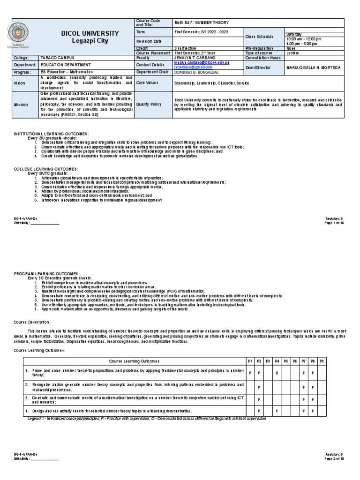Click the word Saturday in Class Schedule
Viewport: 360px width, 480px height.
294,34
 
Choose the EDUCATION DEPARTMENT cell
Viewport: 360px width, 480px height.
63,65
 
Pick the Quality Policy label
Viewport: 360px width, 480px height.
149,105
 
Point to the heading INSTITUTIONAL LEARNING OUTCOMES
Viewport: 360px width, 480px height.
51,134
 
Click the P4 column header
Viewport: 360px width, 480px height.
277,361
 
